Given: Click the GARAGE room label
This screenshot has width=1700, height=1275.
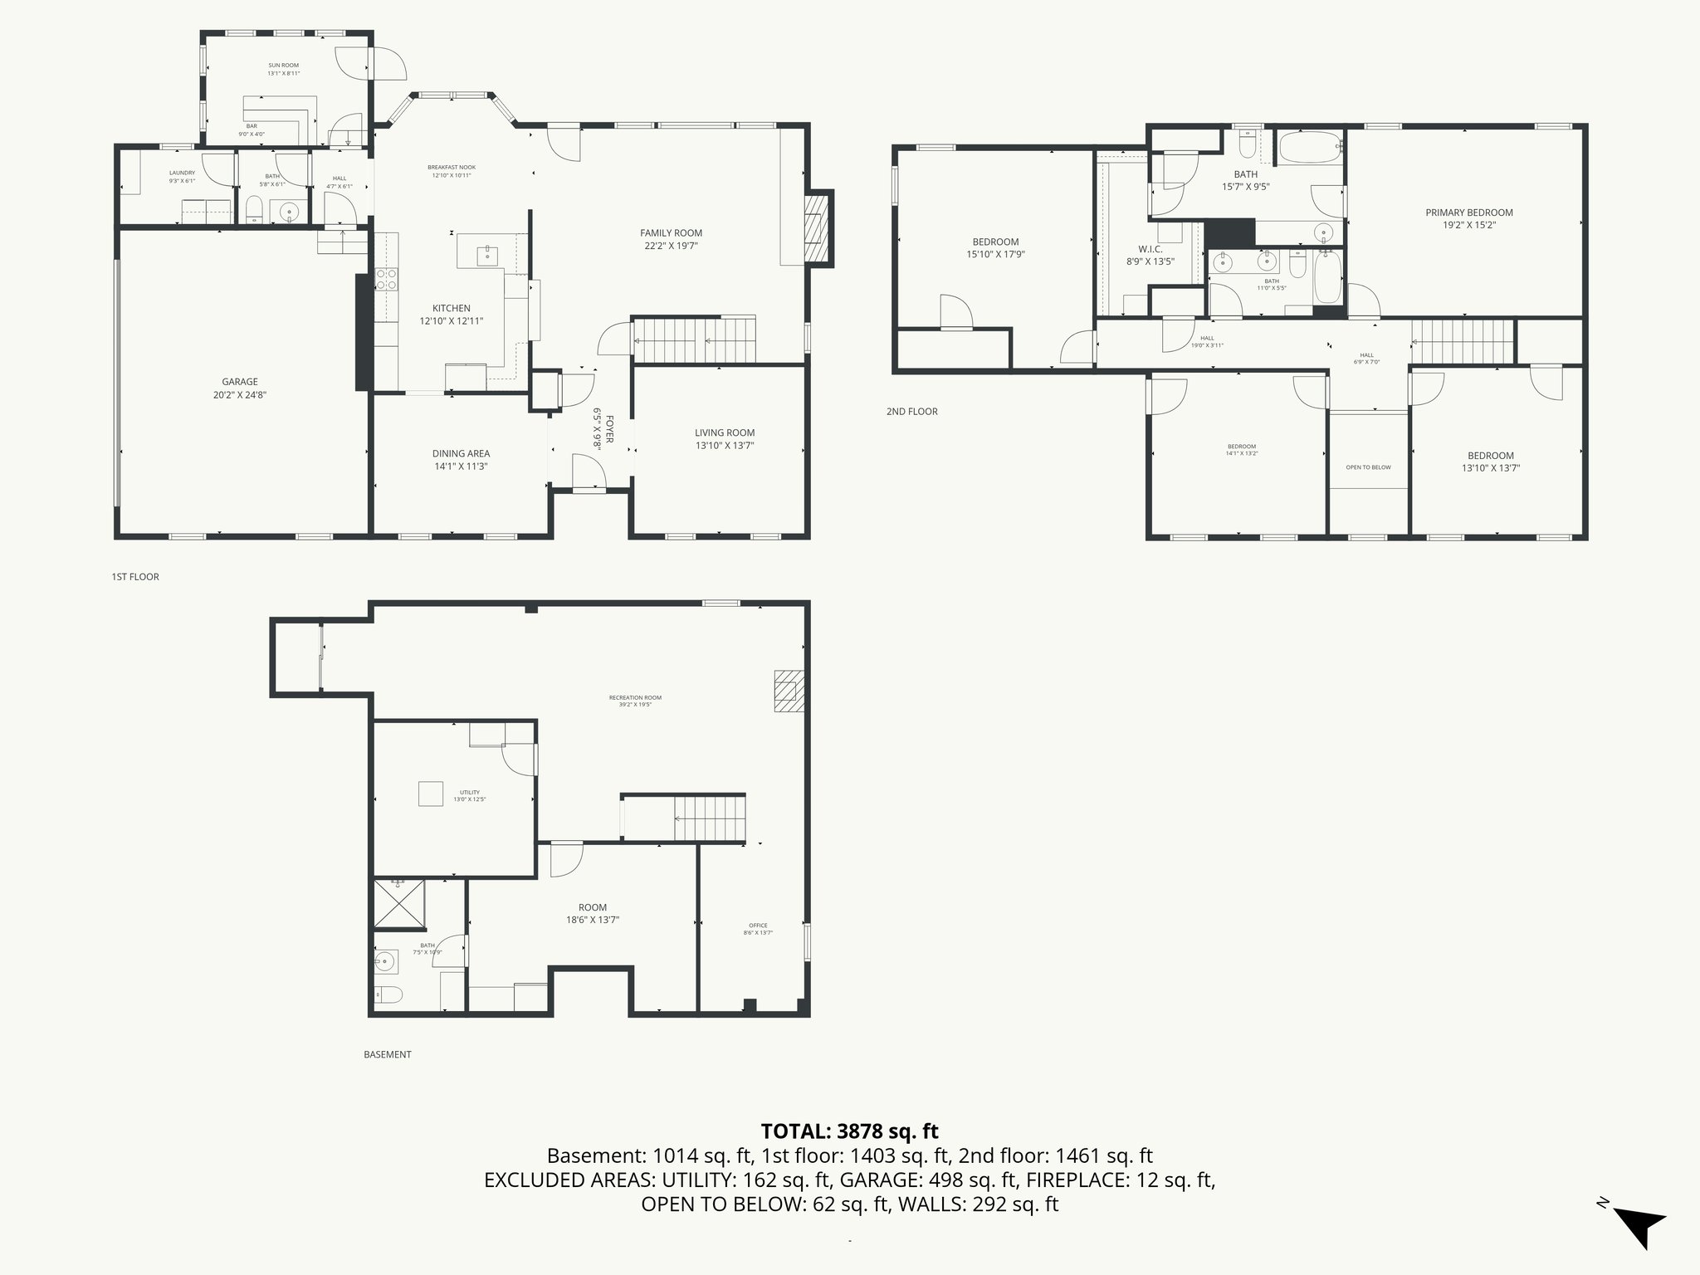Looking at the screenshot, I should click(x=239, y=383).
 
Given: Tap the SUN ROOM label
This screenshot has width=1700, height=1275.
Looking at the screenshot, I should click(x=283, y=66).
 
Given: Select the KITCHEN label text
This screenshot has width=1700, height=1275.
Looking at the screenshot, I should click(x=451, y=309).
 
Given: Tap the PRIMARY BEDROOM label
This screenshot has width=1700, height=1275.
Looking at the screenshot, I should click(x=1468, y=213).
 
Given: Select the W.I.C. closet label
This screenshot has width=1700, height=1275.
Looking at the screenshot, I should click(x=1150, y=249).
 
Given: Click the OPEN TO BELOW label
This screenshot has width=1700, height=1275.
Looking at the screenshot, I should click(x=1368, y=467).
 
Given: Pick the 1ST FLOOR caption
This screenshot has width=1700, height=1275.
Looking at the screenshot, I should click(x=135, y=577).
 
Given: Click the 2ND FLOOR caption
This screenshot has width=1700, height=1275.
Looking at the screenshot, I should click(x=911, y=412).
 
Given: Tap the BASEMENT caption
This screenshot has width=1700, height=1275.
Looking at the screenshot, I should click(x=387, y=1055).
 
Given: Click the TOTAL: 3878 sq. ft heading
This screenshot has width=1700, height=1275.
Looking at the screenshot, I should click(x=849, y=1131).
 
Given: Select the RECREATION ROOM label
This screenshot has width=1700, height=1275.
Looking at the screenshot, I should click(x=635, y=698).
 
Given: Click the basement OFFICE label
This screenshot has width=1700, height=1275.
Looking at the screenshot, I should click(x=757, y=926).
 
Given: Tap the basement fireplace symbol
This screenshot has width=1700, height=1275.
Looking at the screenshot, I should click(x=789, y=691).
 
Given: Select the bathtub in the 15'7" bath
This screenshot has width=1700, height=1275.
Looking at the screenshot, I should click(x=1309, y=148).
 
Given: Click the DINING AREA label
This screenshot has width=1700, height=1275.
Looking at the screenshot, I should click(x=461, y=454).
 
